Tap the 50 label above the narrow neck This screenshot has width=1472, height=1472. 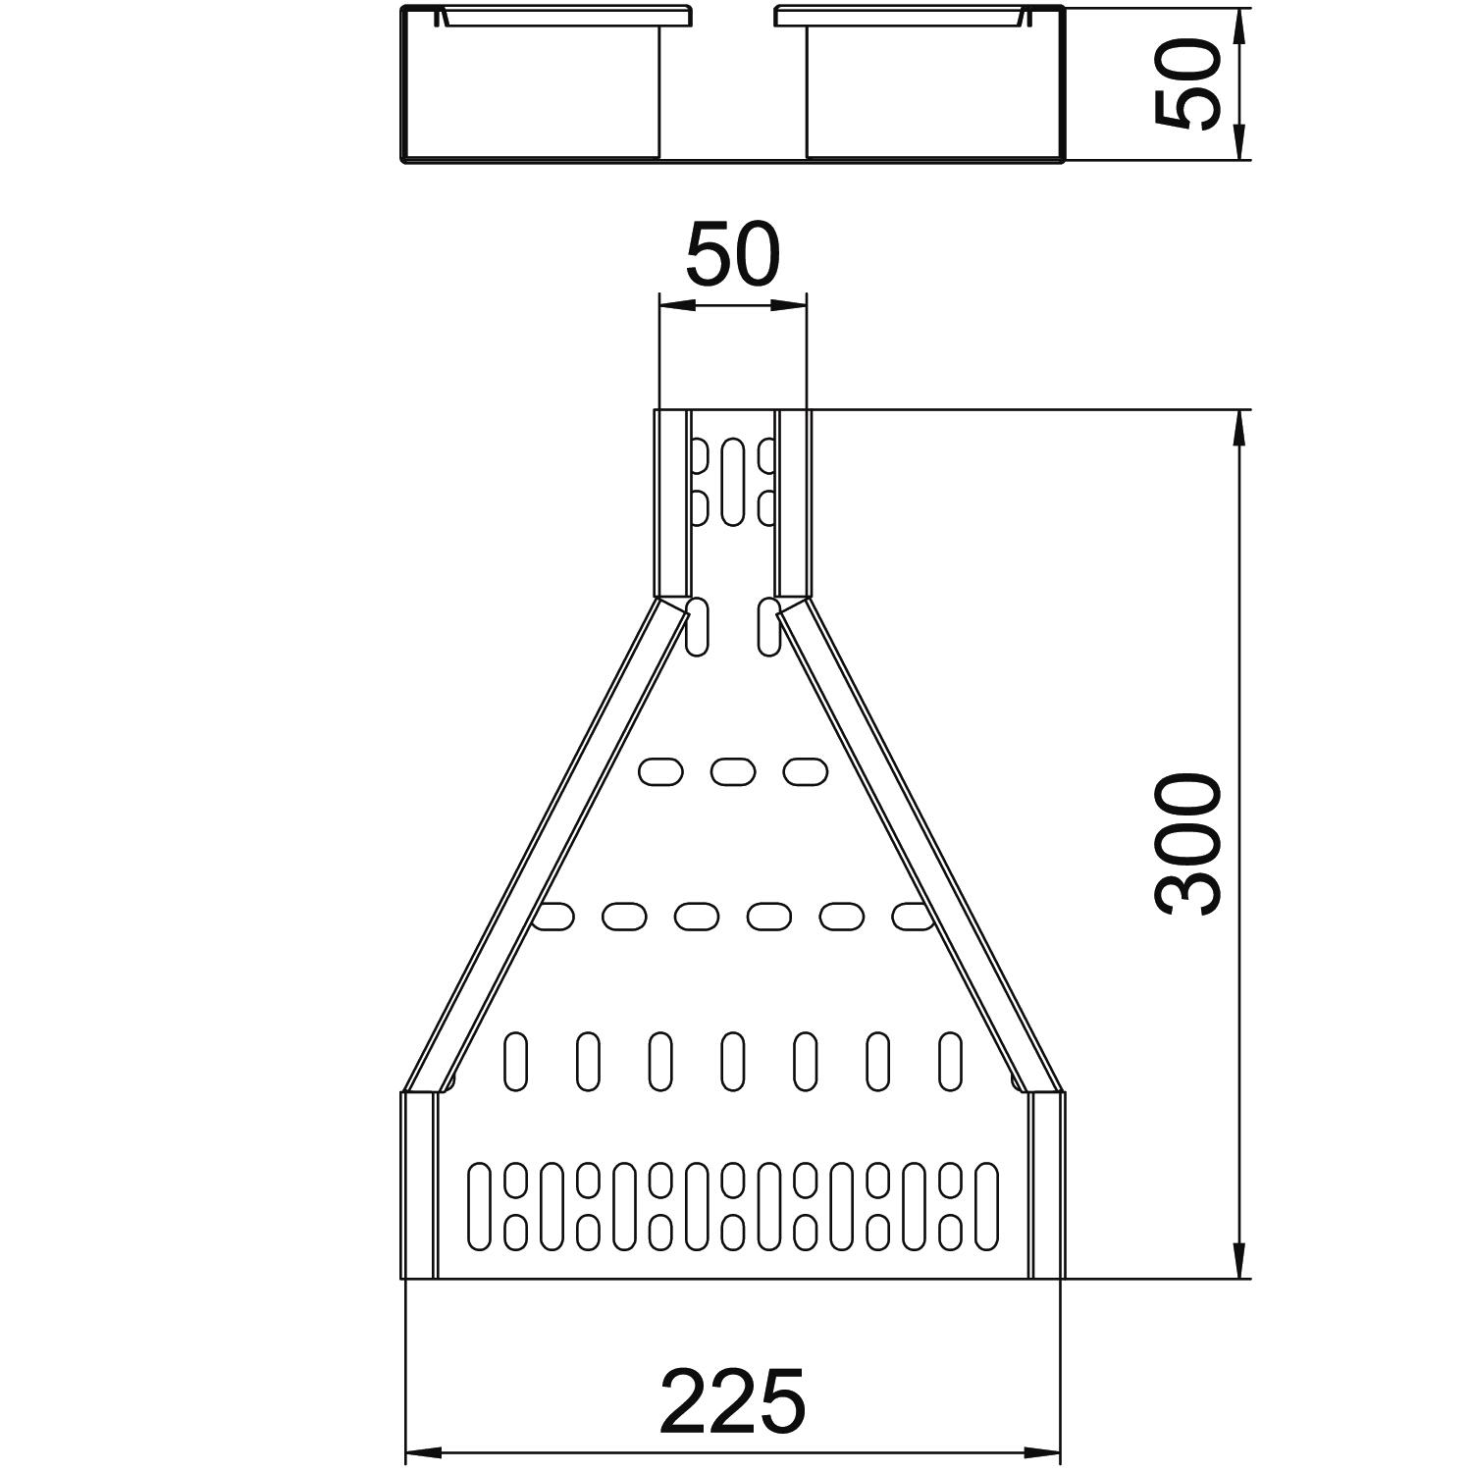tap(733, 254)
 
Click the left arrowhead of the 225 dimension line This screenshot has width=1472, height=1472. tap(423, 1451)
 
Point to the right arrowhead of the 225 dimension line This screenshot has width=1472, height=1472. tap(1043, 1451)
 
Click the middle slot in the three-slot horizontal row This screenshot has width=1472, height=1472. tap(733, 771)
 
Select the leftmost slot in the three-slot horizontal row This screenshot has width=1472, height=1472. tap(660, 771)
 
